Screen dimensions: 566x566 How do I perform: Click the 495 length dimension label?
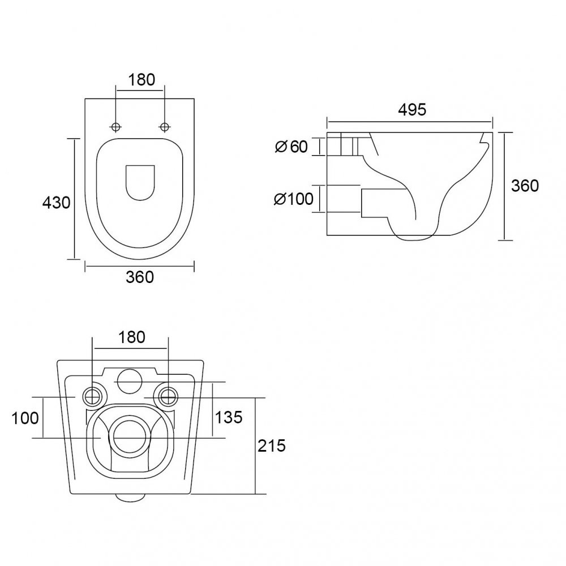tap(412, 109)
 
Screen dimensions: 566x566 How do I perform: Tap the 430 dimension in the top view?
tap(56, 203)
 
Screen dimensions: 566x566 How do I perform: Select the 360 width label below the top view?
tap(140, 277)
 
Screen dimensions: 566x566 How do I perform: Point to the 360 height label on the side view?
tap(525, 186)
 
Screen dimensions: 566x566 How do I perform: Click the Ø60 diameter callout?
tap(291, 147)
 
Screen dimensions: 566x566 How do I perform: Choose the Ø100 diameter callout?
tap(293, 199)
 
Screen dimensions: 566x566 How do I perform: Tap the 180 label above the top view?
tap(141, 80)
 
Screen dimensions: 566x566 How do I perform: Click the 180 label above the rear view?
tap(132, 337)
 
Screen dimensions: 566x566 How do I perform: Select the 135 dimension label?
tap(229, 417)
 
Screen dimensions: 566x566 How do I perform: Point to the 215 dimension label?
tap(272, 446)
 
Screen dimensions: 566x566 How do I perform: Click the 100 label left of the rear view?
tap(25, 418)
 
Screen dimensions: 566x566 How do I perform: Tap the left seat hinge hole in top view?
tap(116, 127)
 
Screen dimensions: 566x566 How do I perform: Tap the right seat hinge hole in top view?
tap(165, 127)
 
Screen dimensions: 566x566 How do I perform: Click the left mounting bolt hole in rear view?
tap(93, 397)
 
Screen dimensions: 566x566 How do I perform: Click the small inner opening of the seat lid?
tap(140, 183)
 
